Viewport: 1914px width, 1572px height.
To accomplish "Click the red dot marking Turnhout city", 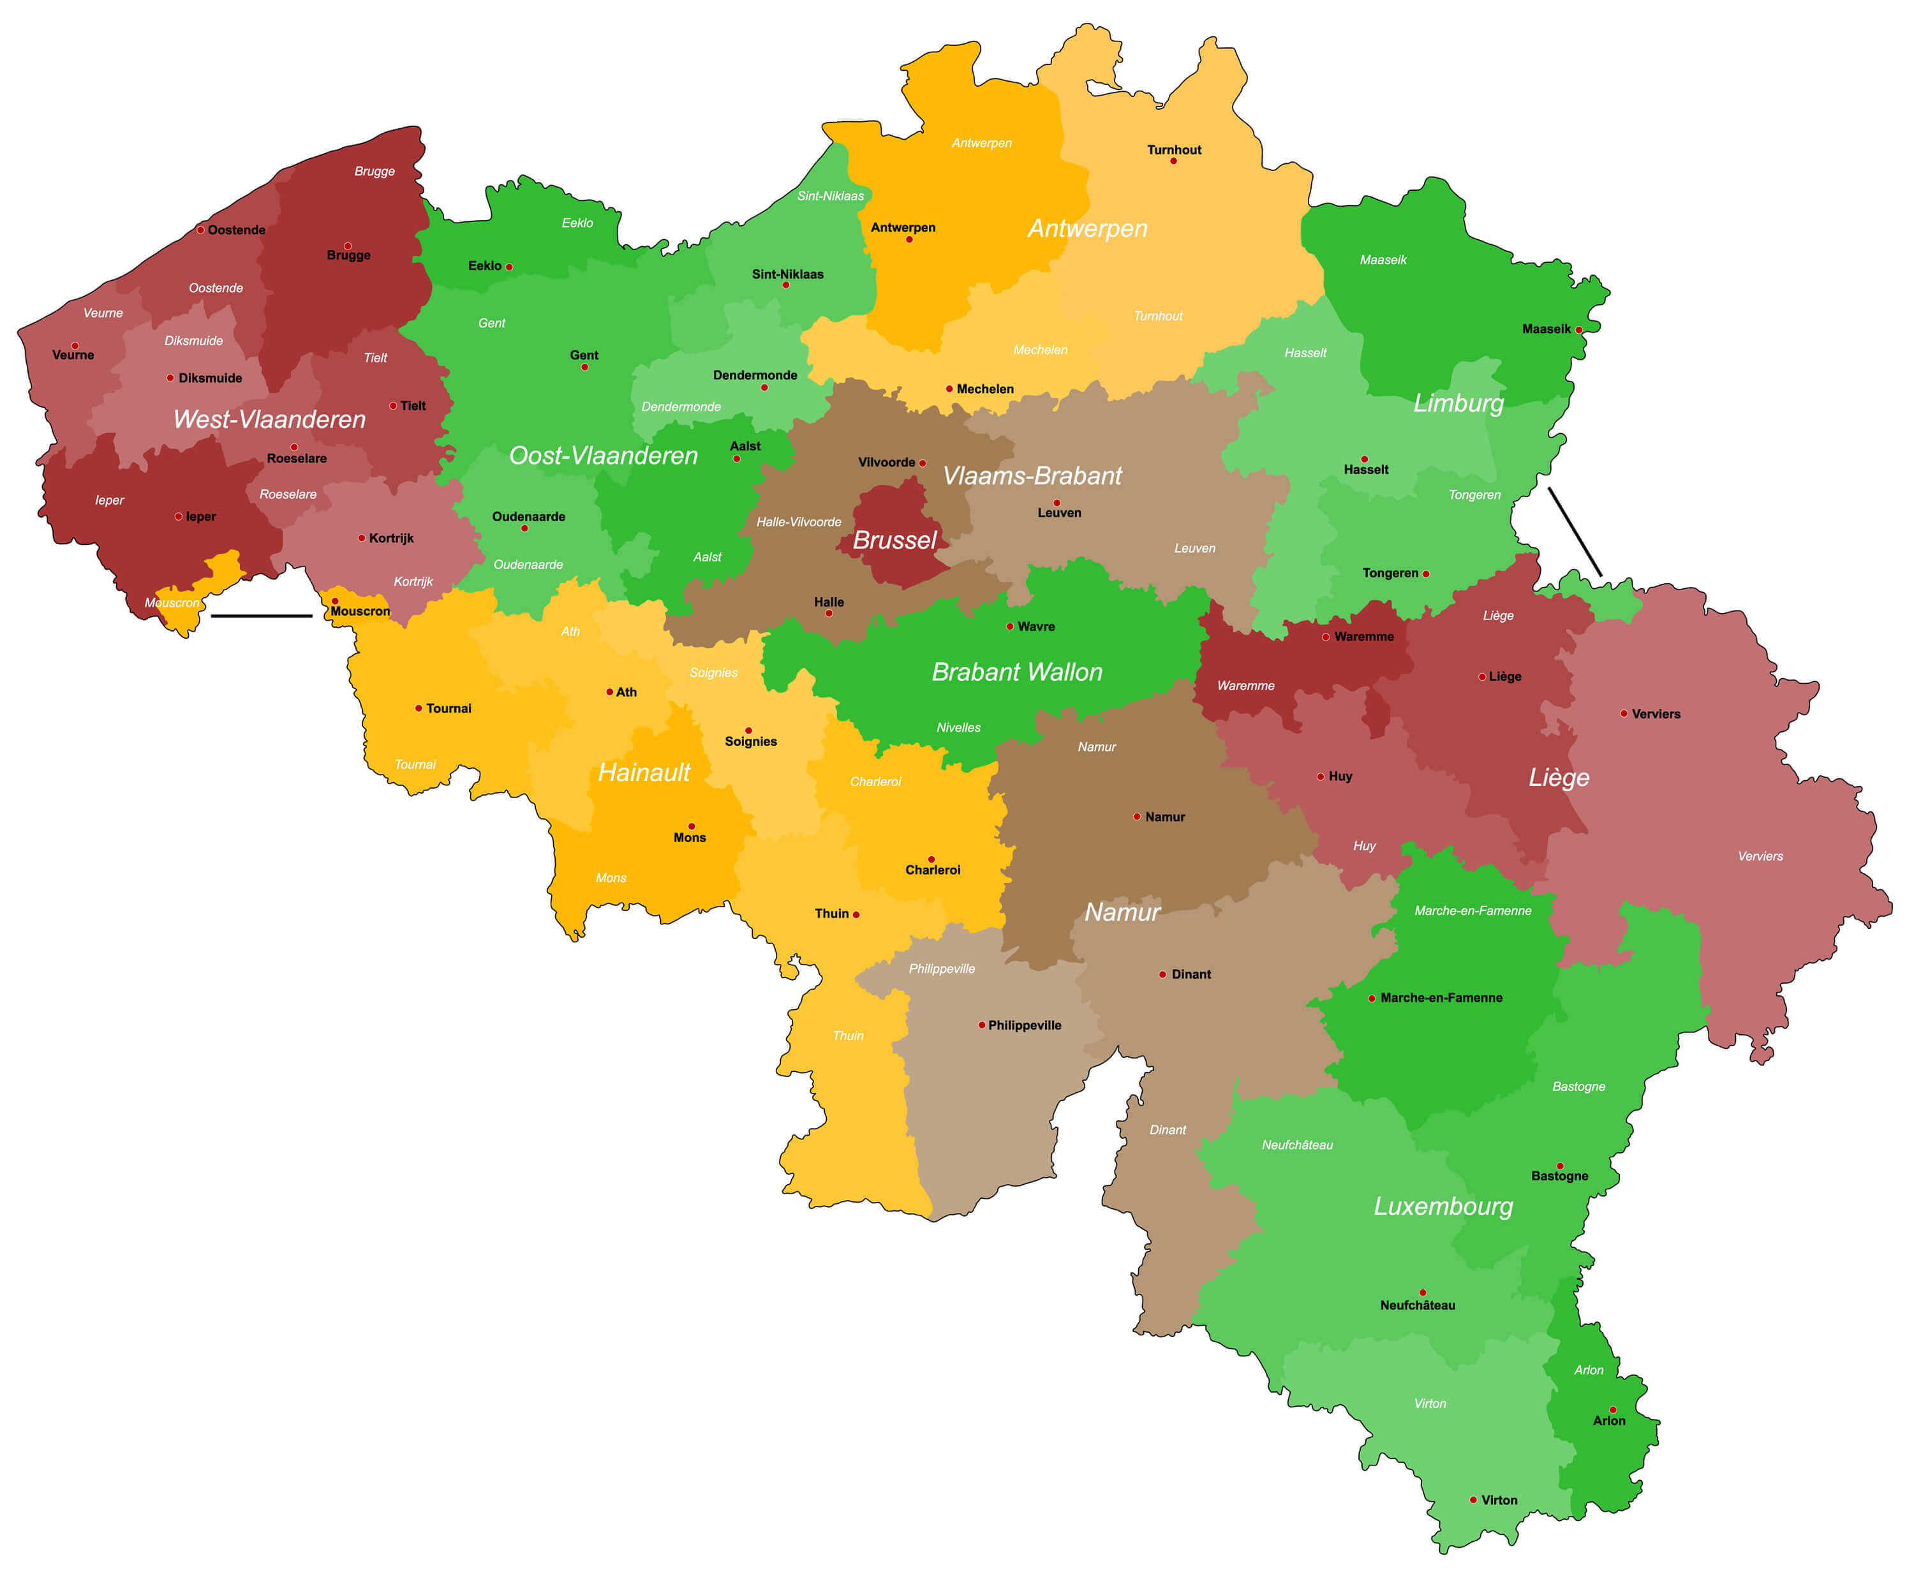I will [1173, 161].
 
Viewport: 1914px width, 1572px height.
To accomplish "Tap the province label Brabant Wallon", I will [1017, 672].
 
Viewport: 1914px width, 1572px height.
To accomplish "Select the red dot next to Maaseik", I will [1579, 330].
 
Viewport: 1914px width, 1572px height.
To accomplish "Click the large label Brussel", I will [894, 540].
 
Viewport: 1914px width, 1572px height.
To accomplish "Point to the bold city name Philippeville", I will [1025, 1025].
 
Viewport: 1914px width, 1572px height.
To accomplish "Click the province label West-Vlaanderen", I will [269, 419].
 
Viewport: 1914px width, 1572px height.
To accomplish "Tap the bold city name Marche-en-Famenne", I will [1441, 998].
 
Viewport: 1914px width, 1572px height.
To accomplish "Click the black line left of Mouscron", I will [262, 616].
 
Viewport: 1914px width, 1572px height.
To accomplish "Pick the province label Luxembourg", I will [1443, 1206].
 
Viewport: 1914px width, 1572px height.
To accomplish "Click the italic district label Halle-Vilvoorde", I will [799, 522].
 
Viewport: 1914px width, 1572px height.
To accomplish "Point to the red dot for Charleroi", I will [931, 859].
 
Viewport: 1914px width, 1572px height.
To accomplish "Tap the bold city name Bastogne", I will [1559, 1176].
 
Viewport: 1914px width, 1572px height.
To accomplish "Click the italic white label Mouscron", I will [172, 603].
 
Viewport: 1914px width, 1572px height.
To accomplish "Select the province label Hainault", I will [644, 773].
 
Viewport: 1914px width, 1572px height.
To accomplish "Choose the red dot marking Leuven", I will [1057, 503].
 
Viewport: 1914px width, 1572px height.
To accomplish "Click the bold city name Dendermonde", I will [755, 375].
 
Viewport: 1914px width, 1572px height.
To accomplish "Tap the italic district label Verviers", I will [1760, 856].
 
